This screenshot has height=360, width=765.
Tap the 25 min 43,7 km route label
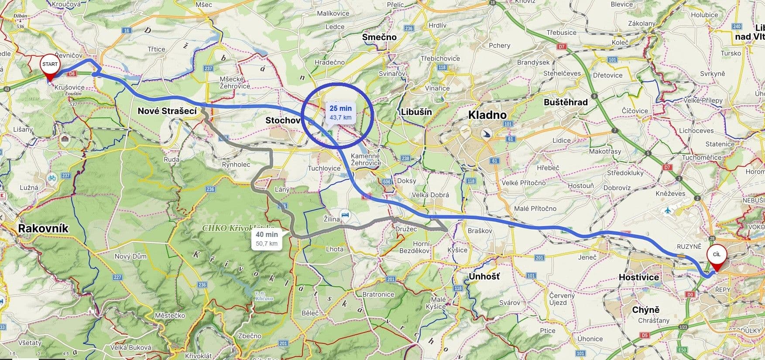tap(340, 113)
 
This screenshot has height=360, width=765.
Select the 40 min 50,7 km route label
tap(267, 239)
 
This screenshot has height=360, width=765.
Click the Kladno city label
tap(487, 115)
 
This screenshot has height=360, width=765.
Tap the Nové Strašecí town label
tap(167, 111)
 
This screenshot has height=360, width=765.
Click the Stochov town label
tap(283, 120)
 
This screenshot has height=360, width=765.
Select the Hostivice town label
tap(639, 277)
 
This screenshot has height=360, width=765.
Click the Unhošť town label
tap(484, 276)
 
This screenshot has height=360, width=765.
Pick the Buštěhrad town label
tap(566, 102)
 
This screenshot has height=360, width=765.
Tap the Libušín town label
tap(416, 112)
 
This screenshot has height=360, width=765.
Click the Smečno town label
tap(379, 37)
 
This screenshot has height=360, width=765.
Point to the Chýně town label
tap(646, 310)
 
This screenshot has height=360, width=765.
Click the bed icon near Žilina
tap(346, 215)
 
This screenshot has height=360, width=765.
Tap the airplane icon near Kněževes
tap(668, 211)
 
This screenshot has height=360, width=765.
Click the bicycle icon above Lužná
tap(52, 178)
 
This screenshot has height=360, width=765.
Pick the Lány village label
tap(282, 190)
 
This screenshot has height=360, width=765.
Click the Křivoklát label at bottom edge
tap(199, 356)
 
